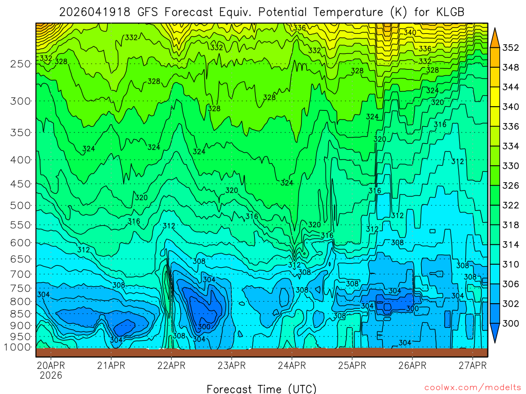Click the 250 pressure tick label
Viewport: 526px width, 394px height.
21,64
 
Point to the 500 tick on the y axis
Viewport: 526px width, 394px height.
21,206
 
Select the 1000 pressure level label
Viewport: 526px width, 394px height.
18,347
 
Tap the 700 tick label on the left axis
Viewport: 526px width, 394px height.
21,273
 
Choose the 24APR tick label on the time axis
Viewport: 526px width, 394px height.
292,366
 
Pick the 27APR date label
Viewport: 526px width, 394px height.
473,366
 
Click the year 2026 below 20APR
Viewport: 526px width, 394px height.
50,376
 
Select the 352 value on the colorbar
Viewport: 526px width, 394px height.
511,48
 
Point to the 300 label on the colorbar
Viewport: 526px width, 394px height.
511,323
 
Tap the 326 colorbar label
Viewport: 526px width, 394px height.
511,186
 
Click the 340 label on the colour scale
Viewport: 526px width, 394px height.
511,107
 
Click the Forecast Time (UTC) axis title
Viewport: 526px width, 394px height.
261,389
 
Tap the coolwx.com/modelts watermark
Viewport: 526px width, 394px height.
473,388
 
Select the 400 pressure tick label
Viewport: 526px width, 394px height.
21,160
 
